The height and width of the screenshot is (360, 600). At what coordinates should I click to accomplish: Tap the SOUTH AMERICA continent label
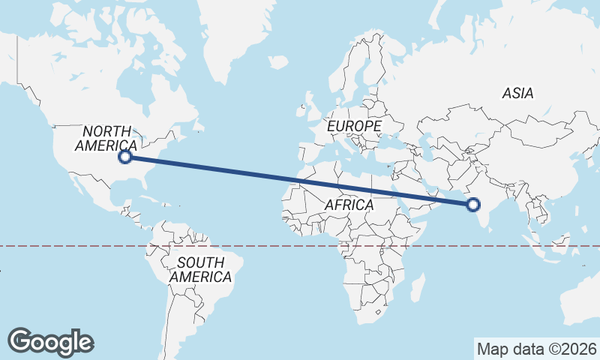pos(199,270)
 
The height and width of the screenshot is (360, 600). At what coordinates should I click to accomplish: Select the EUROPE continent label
pos(354,127)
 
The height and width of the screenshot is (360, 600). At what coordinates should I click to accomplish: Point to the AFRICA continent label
pos(349,205)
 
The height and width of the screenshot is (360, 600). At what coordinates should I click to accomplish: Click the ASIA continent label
pos(517,94)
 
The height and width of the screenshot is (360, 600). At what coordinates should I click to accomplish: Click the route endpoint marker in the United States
pos(126,157)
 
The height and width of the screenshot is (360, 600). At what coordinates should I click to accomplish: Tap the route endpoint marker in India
pos(473,204)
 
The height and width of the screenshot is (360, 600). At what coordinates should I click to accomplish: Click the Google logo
pos(50,341)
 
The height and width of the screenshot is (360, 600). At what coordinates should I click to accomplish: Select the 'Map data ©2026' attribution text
pos(537,349)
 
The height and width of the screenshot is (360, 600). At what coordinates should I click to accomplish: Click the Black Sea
pos(393,136)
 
